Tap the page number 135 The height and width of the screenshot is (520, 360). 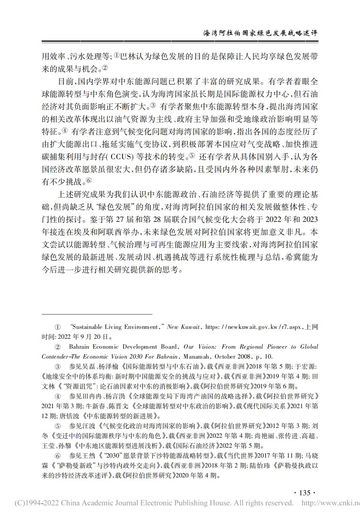(x=305, y=493)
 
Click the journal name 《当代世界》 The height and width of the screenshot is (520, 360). (x=241, y=456)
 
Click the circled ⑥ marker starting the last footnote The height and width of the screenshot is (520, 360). (x=57, y=456)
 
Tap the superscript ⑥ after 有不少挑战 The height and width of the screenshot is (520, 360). (x=89, y=181)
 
